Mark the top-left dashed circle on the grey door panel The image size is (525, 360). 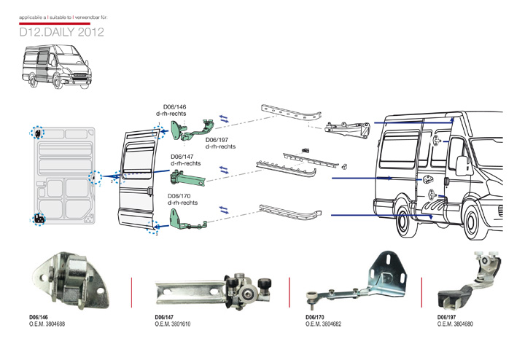[x=37, y=133]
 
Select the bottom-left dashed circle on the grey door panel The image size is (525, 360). [x=39, y=218]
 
